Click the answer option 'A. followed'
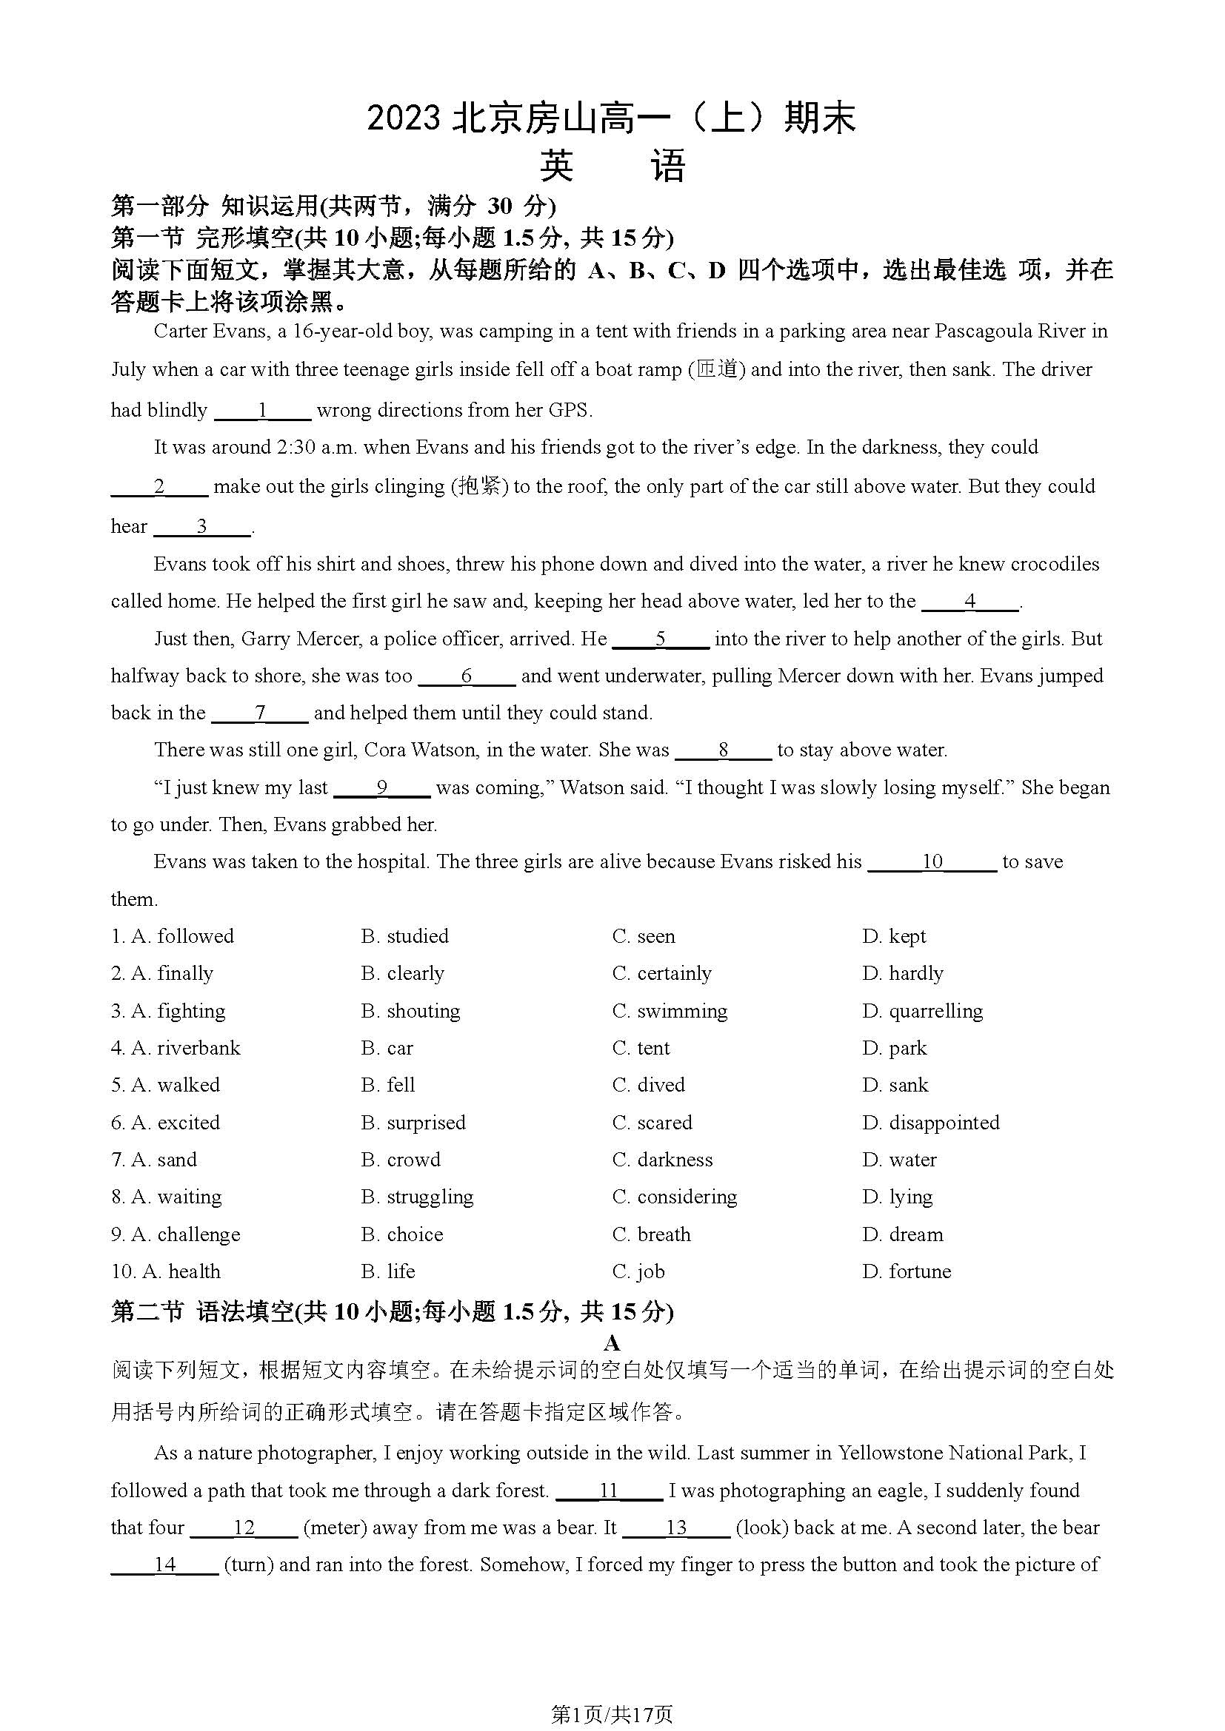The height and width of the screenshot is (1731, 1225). point(173,936)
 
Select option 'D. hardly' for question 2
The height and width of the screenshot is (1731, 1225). point(903,973)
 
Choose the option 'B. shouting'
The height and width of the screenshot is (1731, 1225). point(410,1011)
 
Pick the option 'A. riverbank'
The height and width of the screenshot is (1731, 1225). point(176,1048)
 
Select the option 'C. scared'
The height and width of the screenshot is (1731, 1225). point(652,1123)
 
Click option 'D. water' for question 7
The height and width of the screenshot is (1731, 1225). point(900,1160)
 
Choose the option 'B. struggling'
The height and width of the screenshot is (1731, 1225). point(417,1197)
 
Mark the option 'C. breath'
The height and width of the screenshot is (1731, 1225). point(652,1234)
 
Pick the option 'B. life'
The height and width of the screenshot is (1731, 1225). point(389,1271)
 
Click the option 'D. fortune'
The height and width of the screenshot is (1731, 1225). point(907,1271)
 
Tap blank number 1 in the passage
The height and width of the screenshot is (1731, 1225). point(262,411)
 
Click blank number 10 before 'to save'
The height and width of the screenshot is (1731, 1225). point(932,861)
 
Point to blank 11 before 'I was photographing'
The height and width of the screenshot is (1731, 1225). point(609,1490)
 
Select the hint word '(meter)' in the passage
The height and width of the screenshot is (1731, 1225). point(335,1527)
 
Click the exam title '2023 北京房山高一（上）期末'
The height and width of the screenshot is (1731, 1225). point(612,119)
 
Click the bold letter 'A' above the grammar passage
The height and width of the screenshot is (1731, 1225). point(612,1342)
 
